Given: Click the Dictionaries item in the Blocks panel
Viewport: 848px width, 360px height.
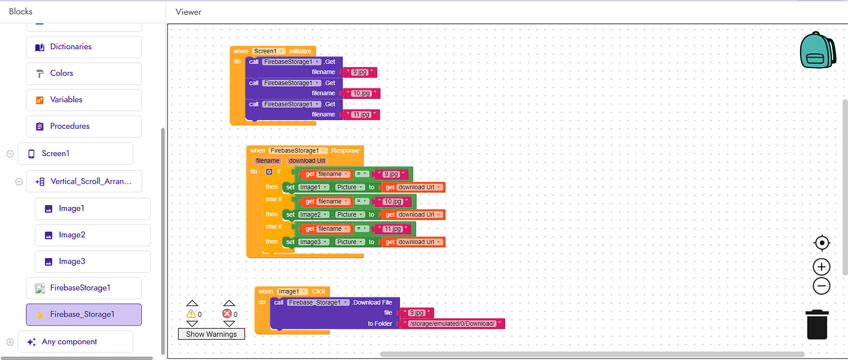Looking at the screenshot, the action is coord(84,47).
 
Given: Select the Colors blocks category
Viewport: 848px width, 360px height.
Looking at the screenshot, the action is coord(84,74).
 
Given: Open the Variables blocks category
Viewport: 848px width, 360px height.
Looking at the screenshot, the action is coord(84,100).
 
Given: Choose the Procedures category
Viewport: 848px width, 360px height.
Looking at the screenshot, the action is coord(84,127).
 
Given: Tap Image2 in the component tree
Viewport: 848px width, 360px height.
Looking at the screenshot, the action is coord(92,235).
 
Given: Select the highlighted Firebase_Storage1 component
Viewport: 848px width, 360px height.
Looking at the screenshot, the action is coord(84,315).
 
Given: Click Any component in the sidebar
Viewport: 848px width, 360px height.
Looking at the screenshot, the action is coord(76,342).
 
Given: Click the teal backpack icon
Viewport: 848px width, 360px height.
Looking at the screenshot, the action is coord(817,50).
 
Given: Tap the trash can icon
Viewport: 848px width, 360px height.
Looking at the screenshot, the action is coord(817,324).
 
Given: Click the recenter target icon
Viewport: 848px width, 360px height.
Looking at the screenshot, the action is coord(822,243).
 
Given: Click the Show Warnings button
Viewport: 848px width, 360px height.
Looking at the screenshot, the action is coord(211,334).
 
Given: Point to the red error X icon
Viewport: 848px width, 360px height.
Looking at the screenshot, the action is coord(227,314).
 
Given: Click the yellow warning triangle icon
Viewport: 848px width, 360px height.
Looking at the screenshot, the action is coord(190,314).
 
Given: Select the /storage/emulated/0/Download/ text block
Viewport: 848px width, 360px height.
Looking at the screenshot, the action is coord(452,324).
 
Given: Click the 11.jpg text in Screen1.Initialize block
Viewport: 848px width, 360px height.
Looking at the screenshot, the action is coord(361,114).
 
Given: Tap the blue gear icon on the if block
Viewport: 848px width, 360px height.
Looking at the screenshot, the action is coord(269,172).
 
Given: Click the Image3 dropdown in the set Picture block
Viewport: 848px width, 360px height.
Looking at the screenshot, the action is coord(313,242).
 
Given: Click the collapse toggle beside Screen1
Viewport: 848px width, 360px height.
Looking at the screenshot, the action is coord(10,154).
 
